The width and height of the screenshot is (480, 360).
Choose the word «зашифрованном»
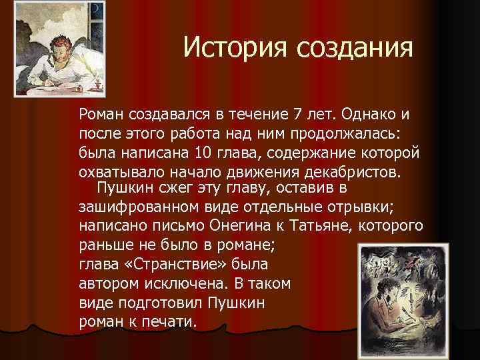135,205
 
